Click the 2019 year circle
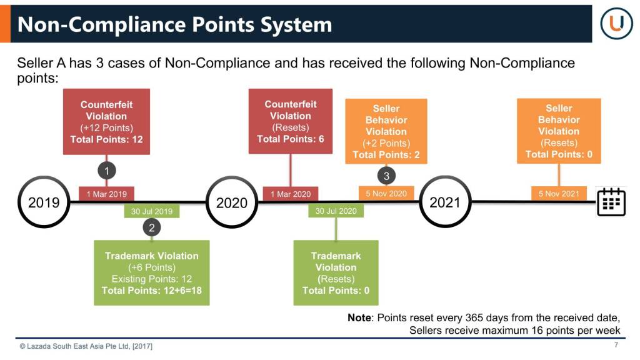tap(44, 202)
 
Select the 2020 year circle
tap(232, 202)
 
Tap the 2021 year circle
tap(445, 202)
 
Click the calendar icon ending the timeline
tap(611, 202)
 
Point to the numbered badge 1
tap(106, 171)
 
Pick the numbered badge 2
tap(152, 227)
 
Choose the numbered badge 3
tap(386, 176)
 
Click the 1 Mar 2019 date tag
tap(106, 194)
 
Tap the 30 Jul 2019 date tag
tap(152, 211)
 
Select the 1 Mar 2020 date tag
tap(291, 194)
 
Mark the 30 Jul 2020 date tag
tap(336, 211)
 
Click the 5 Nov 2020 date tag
tap(386, 194)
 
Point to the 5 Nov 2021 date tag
tap(559, 194)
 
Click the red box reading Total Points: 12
tap(106, 122)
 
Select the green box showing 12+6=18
tap(152, 272)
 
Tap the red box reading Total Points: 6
tap(291, 121)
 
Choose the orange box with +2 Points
tap(386, 131)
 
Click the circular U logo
tap(617, 23)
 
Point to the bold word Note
tap(359, 317)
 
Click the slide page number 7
tap(616, 345)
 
